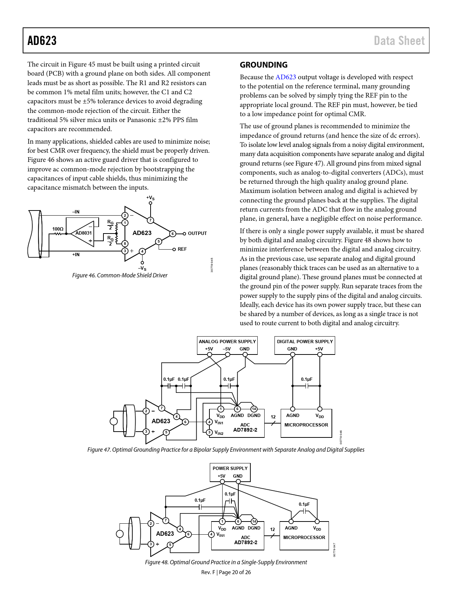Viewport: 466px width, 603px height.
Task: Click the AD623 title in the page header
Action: (42, 41)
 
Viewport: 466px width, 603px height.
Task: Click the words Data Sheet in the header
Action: (399, 41)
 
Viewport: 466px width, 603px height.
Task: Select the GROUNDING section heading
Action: (264, 65)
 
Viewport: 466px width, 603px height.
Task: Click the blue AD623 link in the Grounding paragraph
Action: (285, 77)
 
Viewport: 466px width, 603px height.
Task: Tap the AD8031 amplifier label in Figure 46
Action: (83, 233)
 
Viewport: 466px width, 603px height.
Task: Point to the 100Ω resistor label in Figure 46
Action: (58, 229)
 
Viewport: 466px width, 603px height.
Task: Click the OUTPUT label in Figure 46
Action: (197, 234)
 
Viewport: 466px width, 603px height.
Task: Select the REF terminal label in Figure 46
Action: (182, 249)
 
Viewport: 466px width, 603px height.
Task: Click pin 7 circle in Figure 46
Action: (150, 220)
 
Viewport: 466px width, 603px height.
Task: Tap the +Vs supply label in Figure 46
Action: (150, 198)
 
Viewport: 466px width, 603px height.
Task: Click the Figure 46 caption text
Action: (120, 276)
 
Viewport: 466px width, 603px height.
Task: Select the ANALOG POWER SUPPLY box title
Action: (227, 341)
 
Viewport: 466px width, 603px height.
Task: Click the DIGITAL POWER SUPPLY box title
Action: (305, 341)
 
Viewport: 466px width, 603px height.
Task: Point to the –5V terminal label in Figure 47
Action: (227, 349)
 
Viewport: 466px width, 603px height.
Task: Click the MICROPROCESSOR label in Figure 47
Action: (306, 425)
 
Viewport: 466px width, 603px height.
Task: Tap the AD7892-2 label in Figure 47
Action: (245, 430)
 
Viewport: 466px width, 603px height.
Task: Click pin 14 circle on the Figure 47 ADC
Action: (254, 409)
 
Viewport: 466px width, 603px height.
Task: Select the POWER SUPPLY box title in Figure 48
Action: (230, 469)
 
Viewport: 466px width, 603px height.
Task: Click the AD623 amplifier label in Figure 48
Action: (165, 534)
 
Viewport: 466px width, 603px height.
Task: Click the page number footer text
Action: (226, 572)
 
